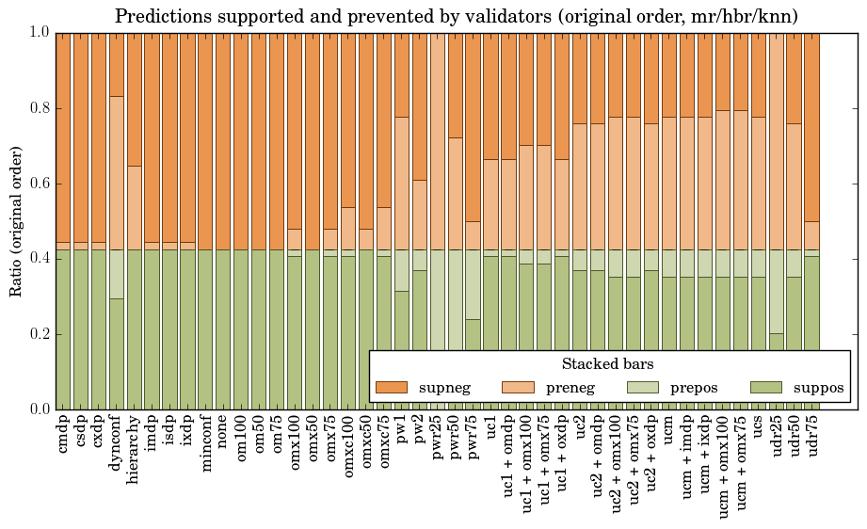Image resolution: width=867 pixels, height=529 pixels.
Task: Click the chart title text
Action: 457,16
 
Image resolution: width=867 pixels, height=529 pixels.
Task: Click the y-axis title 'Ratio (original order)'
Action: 16,221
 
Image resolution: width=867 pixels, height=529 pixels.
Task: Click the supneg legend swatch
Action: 391,387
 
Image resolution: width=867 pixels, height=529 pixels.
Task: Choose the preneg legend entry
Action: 546,387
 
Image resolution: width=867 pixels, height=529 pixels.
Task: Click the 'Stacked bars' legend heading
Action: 608,363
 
